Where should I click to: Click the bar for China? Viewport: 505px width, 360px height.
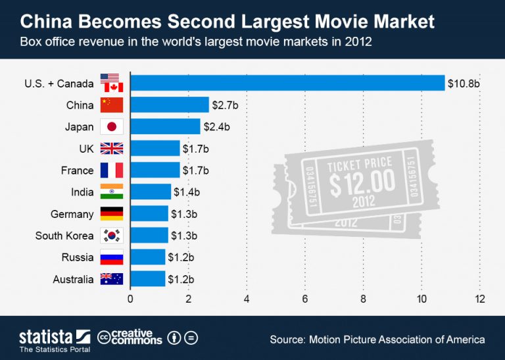tap(170, 105)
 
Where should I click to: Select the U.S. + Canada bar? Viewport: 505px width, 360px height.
tap(287, 83)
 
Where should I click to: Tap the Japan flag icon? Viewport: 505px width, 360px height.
tap(111, 127)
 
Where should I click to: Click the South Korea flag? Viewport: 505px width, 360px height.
tap(111, 236)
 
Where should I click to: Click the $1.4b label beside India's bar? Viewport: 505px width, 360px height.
tap(187, 192)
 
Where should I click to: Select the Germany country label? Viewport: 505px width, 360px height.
tap(72, 214)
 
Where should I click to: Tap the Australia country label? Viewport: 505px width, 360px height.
tap(73, 279)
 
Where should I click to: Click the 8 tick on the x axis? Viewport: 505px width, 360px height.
tap(364, 299)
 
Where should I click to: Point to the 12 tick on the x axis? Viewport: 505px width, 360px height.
tap(480, 299)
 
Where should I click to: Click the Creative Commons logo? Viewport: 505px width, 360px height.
tap(130, 338)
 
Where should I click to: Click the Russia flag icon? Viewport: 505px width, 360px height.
tap(111, 257)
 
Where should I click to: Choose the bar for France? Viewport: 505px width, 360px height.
tap(155, 170)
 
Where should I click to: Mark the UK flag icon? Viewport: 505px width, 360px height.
tap(111, 149)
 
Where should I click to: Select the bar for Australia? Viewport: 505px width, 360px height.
tap(148, 279)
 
